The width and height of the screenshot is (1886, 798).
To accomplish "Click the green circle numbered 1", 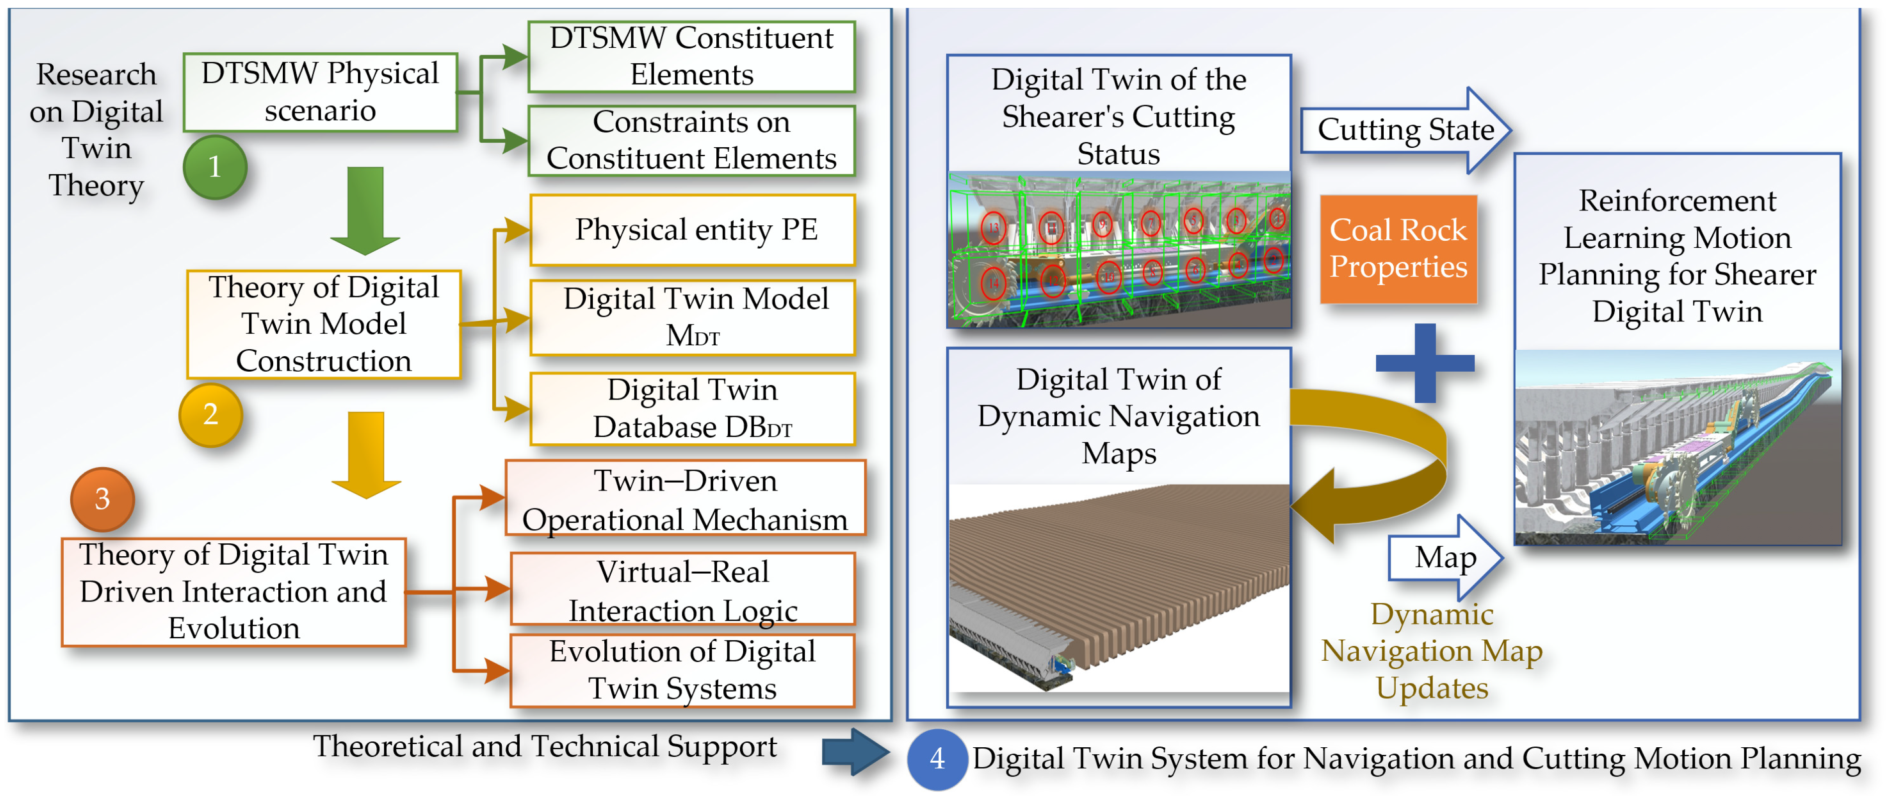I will pos(215,167).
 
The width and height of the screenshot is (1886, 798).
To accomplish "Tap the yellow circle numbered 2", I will pos(211,415).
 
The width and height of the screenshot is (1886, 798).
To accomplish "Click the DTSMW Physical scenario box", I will pos(320,92).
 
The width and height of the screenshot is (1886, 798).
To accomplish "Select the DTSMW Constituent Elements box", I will pos(691,56).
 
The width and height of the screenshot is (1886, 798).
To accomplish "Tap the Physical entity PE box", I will pos(692,230).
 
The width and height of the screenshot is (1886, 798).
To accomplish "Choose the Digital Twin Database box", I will pos(692,408).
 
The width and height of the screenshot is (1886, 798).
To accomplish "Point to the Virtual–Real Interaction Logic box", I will pos(682,590).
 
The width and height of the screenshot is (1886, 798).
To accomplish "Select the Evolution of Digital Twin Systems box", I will pos(682,670).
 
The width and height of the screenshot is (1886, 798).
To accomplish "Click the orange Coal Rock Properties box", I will pos(1398,249).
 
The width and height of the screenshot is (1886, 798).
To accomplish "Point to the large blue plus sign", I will pos(1425,363).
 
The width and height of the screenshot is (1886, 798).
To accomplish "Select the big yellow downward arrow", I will pos(366,454).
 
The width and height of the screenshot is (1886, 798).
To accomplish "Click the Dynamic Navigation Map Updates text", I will pos(1432,651).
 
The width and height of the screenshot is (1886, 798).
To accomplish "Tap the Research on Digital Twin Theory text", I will pos(96,129).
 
